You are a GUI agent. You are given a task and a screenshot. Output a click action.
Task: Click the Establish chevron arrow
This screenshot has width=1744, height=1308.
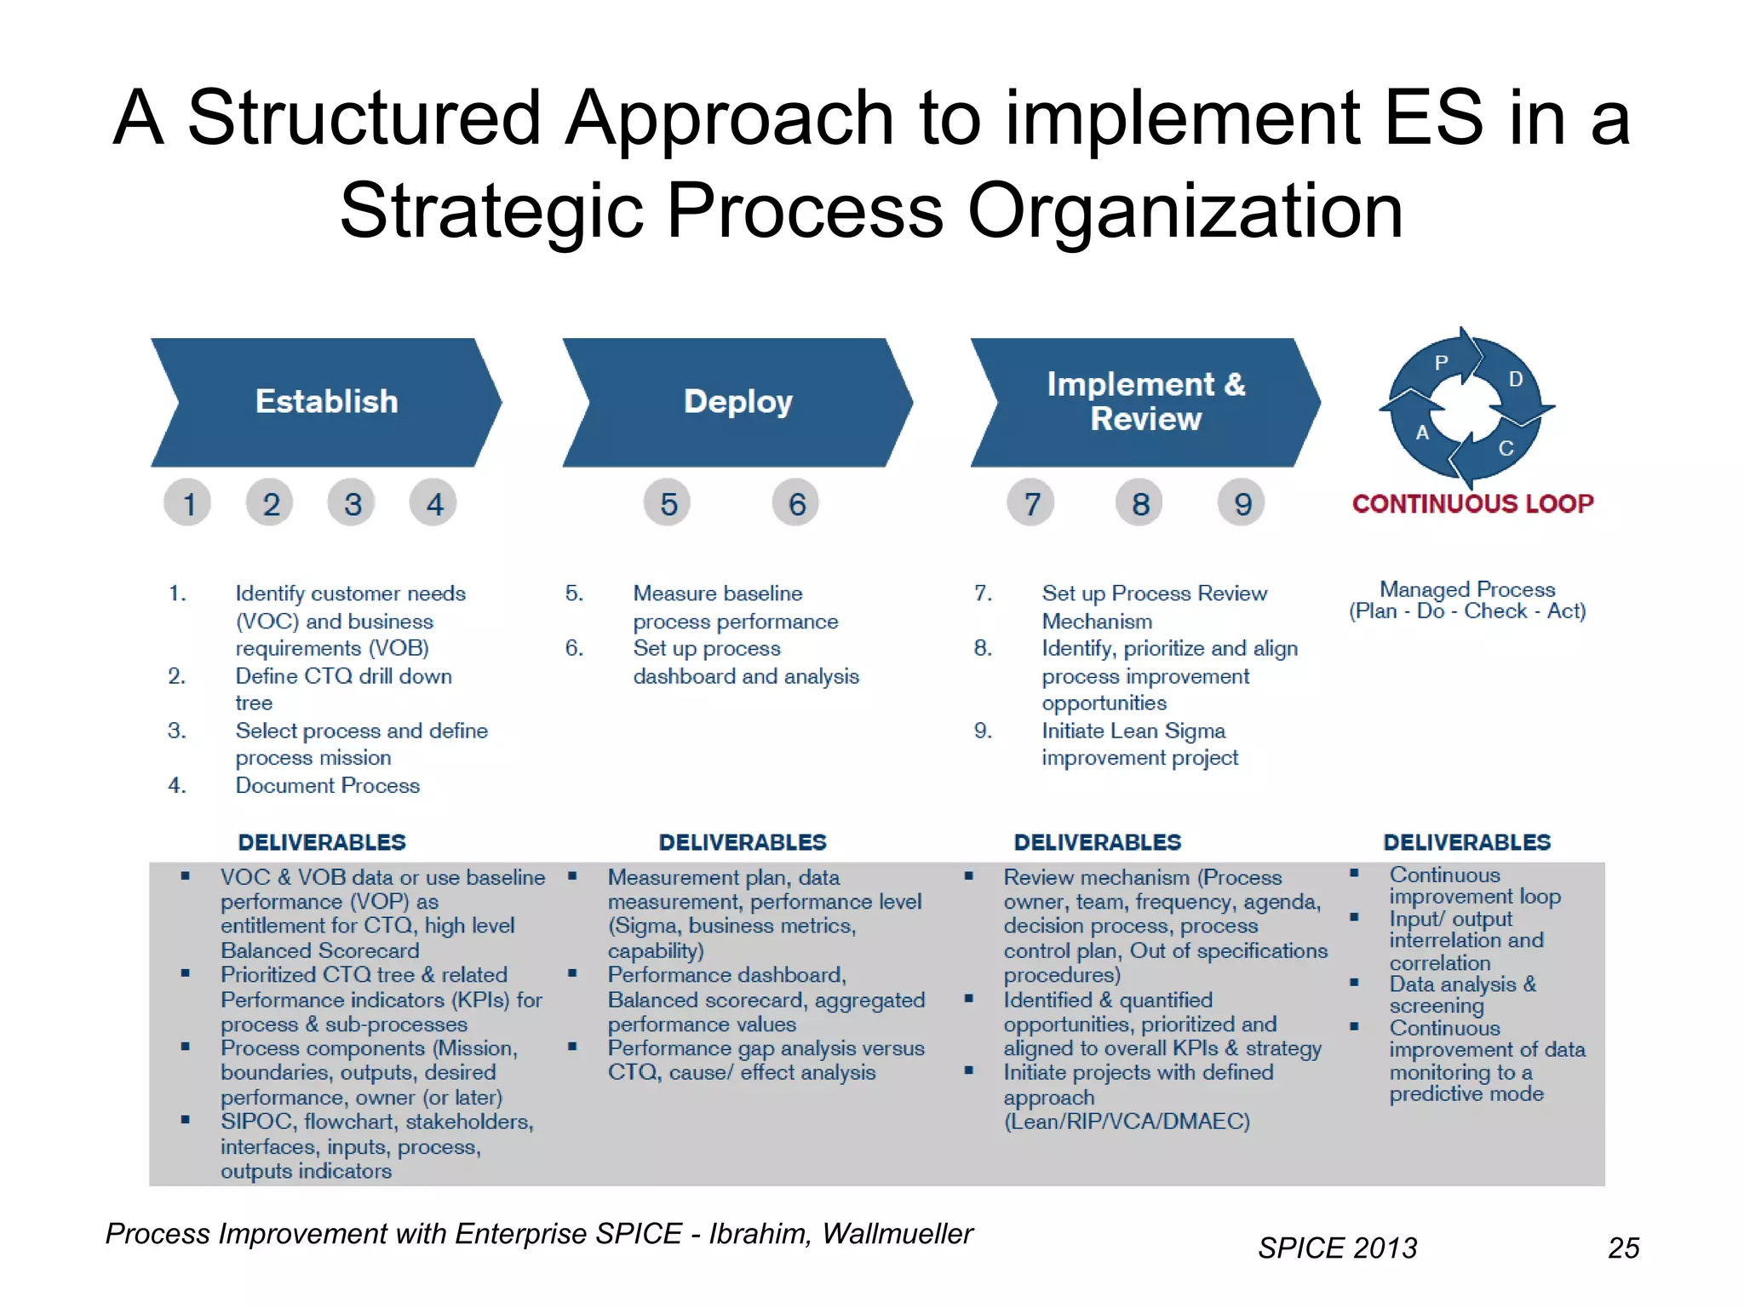click(x=326, y=402)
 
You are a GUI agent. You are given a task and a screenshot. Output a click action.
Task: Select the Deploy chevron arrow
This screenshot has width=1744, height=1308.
click(x=737, y=402)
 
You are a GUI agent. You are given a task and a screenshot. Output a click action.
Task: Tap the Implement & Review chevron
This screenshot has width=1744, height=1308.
click(x=1145, y=402)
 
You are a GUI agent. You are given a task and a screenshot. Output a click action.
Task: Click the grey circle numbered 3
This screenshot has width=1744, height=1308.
click(x=352, y=504)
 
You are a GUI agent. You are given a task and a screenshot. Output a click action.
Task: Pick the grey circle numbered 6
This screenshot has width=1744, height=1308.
click(x=796, y=504)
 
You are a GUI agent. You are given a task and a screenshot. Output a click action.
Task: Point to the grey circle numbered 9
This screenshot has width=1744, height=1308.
click(x=1242, y=504)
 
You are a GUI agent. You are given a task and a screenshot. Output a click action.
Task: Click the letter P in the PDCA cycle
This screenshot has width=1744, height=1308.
click(x=1441, y=364)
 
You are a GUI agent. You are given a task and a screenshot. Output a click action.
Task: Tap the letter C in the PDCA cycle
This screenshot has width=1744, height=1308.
click(x=1506, y=449)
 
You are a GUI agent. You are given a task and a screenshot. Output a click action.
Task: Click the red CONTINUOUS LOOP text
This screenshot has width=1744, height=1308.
click(x=1472, y=504)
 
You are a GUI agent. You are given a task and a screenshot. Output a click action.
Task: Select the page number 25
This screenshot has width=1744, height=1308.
click(x=1623, y=1248)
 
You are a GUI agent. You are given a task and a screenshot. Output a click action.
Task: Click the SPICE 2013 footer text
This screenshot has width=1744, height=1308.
click(x=1337, y=1248)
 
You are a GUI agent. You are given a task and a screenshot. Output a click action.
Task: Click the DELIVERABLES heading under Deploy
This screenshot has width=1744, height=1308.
click(x=743, y=843)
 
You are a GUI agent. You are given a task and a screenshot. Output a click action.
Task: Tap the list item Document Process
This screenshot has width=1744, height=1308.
click(x=328, y=786)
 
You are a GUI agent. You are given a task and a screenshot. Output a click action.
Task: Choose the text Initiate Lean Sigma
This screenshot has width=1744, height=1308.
click(x=1133, y=731)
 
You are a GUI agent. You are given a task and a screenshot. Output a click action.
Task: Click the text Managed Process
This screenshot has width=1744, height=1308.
click(x=1467, y=589)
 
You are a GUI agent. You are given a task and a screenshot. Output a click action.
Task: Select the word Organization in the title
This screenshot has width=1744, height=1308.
click(x=1185, y=211)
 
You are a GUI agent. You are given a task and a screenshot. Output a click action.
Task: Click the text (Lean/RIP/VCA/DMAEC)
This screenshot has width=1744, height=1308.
click(x=1127, y=1122)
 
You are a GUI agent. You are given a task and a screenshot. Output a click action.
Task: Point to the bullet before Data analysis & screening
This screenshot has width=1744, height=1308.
click(x=1354, y=983)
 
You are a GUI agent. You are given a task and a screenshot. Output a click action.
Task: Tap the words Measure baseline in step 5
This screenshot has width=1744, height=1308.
click(x=718, y=594)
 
